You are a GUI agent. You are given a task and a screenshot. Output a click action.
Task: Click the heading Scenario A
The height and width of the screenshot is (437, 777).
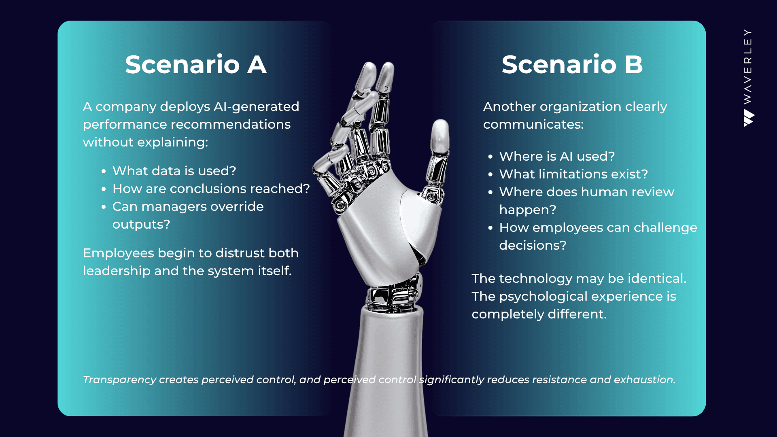(x=196, y=64)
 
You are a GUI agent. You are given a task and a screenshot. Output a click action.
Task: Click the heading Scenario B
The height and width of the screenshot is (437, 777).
(x=572, y=64)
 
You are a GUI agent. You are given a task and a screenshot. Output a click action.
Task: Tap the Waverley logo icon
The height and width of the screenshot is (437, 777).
(x=749, y=118)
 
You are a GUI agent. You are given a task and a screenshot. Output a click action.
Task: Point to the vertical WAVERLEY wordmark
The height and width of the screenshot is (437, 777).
(x=748, y=66)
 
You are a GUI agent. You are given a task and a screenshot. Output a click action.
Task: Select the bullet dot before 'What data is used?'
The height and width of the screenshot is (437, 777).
(x=104, y=172)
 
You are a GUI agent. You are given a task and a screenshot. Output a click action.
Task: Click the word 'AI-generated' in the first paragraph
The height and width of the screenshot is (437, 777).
(x=256, y=107)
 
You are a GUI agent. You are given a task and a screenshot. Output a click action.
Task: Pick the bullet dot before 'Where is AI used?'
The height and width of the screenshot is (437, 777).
(x=490, y=157)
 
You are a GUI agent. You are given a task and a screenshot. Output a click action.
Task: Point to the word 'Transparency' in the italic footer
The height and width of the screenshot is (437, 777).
(x=119, y=380)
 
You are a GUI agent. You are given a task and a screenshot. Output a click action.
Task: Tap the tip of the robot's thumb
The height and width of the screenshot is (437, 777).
(x=440, y=121)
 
